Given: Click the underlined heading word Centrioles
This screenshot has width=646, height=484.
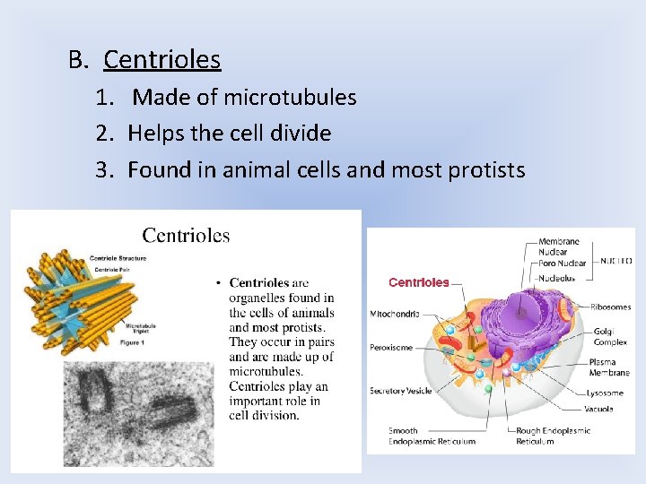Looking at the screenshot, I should coord(161,60).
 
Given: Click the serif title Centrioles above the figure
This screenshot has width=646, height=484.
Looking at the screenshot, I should coord(186,236).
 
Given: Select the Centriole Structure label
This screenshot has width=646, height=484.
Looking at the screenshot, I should coord(118,258).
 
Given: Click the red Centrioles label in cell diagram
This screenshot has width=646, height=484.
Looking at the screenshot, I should coord(418,282).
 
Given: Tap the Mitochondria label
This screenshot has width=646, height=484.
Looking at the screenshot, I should coord(395,314).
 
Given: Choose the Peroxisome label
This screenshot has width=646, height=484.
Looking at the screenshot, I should coord(392,346).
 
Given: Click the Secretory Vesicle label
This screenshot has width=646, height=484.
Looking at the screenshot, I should coord(401,391).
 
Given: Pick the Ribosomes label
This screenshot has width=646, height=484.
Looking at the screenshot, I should coord(610,307).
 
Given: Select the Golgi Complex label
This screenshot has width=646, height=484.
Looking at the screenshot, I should coord(610,337).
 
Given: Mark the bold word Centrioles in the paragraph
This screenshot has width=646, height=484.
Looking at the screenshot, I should coord(259,283).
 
